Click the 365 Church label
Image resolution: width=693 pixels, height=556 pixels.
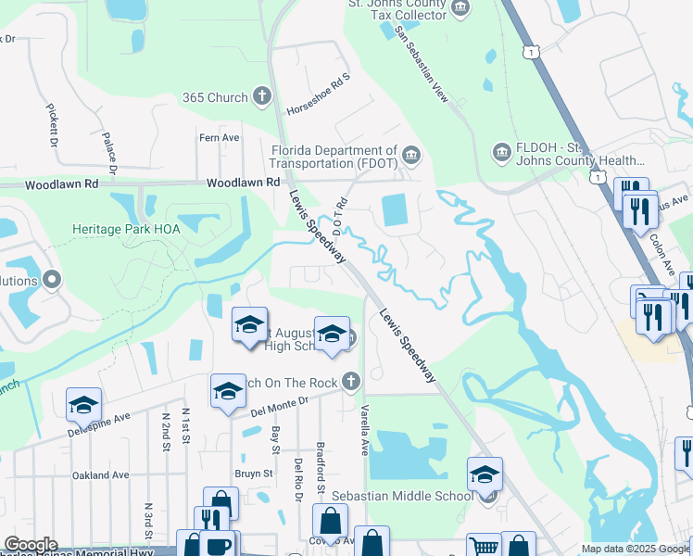tap(214, 97)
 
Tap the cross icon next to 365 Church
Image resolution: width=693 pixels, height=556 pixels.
tap(262, 96)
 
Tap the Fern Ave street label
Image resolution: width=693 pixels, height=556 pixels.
tap(219, 138)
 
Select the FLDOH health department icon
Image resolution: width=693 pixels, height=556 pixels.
tap(501, 151)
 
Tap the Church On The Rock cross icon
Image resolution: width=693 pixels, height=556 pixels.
tap(350, 380)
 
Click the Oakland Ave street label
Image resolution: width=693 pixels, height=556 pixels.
tap(100, 475)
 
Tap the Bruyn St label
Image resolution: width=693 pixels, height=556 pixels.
tap(253, 473)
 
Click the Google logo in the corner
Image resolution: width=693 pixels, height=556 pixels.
tap(31, 545)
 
